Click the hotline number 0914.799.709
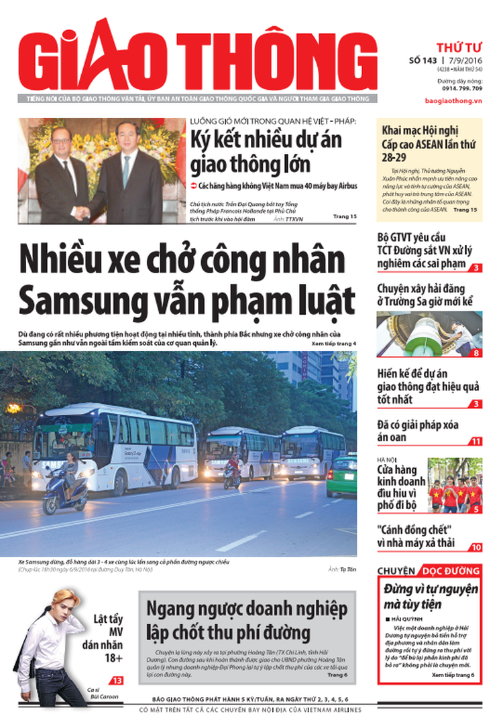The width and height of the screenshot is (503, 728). coord(462,88)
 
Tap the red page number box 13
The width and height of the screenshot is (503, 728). coord(118,680)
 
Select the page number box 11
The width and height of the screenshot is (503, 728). coord(476,441)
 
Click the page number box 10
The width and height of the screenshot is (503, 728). coord(476,547)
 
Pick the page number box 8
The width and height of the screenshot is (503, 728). coord(476,353)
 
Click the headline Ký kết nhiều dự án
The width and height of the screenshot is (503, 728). coord(266,140)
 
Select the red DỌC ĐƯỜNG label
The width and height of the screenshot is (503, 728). coord(451,571)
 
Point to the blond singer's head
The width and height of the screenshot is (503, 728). coord(58,601)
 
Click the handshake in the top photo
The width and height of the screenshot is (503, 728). coord(82,213)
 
